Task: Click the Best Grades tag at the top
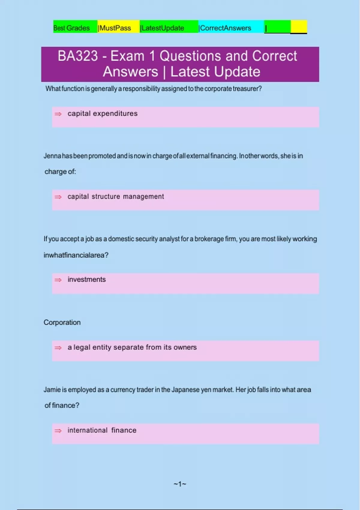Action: coord(71,28)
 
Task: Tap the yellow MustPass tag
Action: coord(115,28)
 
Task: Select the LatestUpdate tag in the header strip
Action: coord(163,28)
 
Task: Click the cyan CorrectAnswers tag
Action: coord(225,28)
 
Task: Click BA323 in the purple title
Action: coord(78,56)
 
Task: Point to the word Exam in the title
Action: coord(127,56)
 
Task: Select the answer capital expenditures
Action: coord(102,113)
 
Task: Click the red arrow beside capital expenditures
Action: coord(58,114)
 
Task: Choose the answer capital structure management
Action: coord(115,196)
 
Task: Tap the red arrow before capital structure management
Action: coord(58,197)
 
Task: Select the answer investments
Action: coord(87,280)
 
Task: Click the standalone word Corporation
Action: coord(62,322)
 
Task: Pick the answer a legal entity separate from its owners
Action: coord(132,347)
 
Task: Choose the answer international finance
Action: coord(102,430)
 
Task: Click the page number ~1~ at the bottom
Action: coord(180,484)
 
